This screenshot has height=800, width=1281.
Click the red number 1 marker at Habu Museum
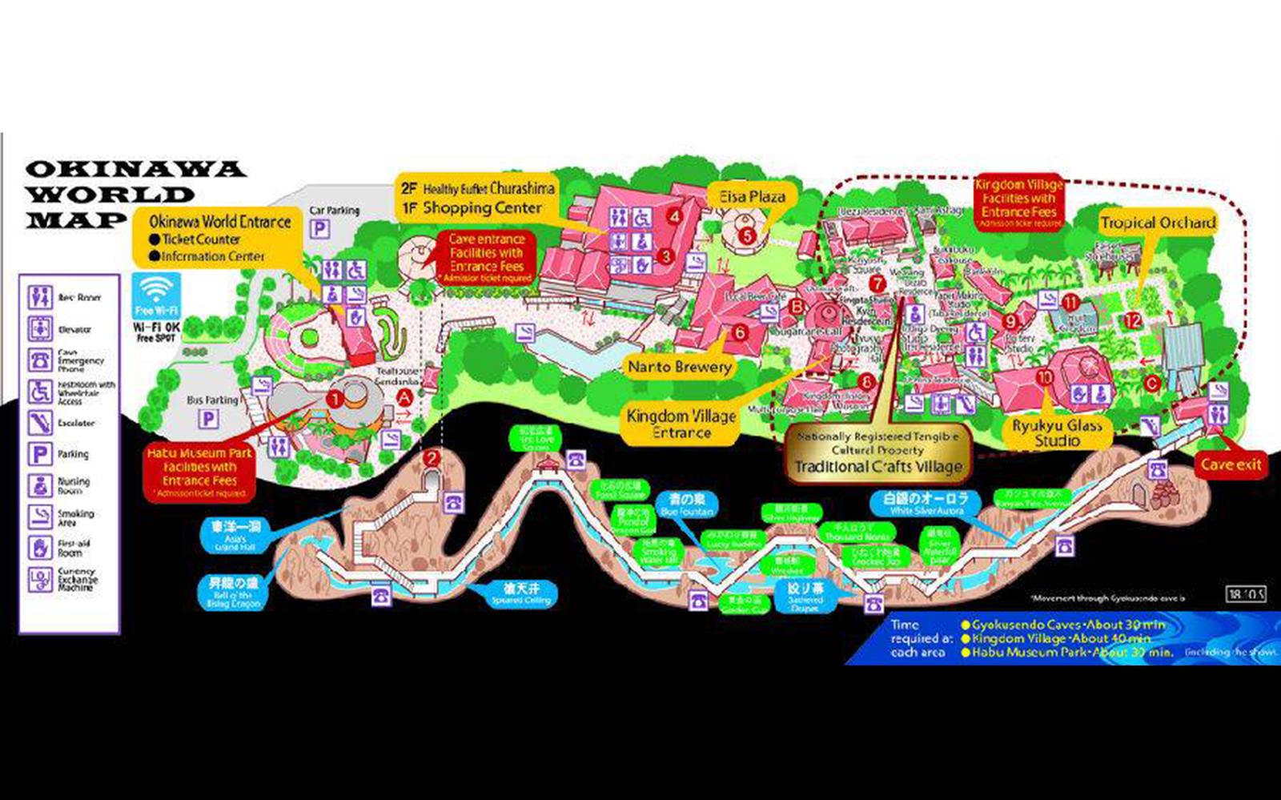point(335,398)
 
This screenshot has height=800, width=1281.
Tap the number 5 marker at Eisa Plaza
point(747,235)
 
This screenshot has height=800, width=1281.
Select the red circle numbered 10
point(1044,377)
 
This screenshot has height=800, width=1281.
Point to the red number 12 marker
point(1132,320)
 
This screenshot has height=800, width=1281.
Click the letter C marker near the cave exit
point(1151,384)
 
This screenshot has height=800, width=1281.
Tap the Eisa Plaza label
point(752,197)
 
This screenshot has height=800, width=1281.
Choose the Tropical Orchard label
point(1157,223)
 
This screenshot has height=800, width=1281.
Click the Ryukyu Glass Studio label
point(1057,433)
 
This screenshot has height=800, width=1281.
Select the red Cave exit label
point(1231,464)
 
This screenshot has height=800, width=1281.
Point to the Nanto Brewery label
point(680,367)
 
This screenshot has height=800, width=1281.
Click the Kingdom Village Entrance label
point(681,424)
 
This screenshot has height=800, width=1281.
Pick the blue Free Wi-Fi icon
point(157,296)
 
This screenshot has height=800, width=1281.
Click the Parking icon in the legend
point(40,454)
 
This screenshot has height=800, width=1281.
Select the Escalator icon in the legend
point(40,423)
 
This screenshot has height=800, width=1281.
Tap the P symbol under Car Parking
point(320,229)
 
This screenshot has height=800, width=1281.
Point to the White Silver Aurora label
point(926,503)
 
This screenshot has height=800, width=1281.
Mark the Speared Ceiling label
point(521,593)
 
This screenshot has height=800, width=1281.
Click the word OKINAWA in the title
point(135,170)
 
